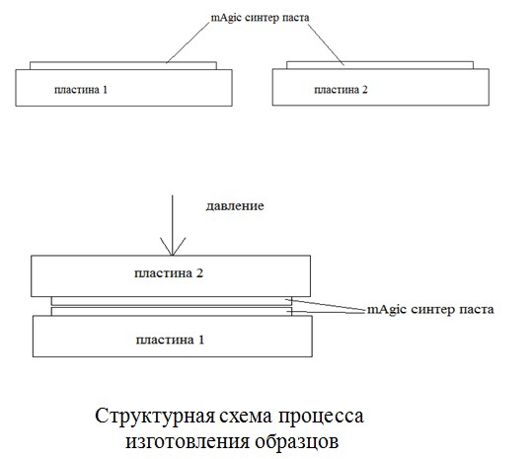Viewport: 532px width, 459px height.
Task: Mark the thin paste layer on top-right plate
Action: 380,65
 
